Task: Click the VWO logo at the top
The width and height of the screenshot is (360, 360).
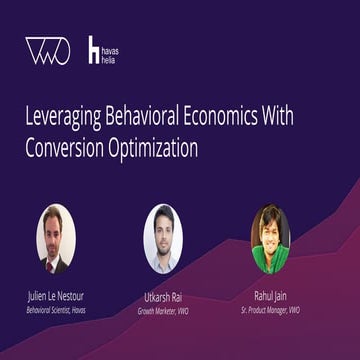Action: click(x=47, y=51)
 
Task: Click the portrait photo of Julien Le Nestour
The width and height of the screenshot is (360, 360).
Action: click(x=56, y=239)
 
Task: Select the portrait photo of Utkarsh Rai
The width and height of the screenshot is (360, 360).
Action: click(x=162, y=239)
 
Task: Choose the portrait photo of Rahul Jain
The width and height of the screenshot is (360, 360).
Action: click(x=270, y=239)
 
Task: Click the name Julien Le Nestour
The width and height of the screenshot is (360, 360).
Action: click(x=56, y=297)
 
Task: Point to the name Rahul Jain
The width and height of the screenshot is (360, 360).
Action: click(x=270, y=297)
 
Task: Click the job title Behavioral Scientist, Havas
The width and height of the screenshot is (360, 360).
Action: click(x=56, y=310)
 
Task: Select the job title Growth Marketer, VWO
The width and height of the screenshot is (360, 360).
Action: click(x=162, y=311)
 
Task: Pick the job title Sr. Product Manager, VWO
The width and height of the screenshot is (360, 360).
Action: click(x=270, y=310)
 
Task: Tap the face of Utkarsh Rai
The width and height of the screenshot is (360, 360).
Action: click(x=163, y=233)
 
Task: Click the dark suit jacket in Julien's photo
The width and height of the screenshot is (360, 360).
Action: click(x=47, y=264)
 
